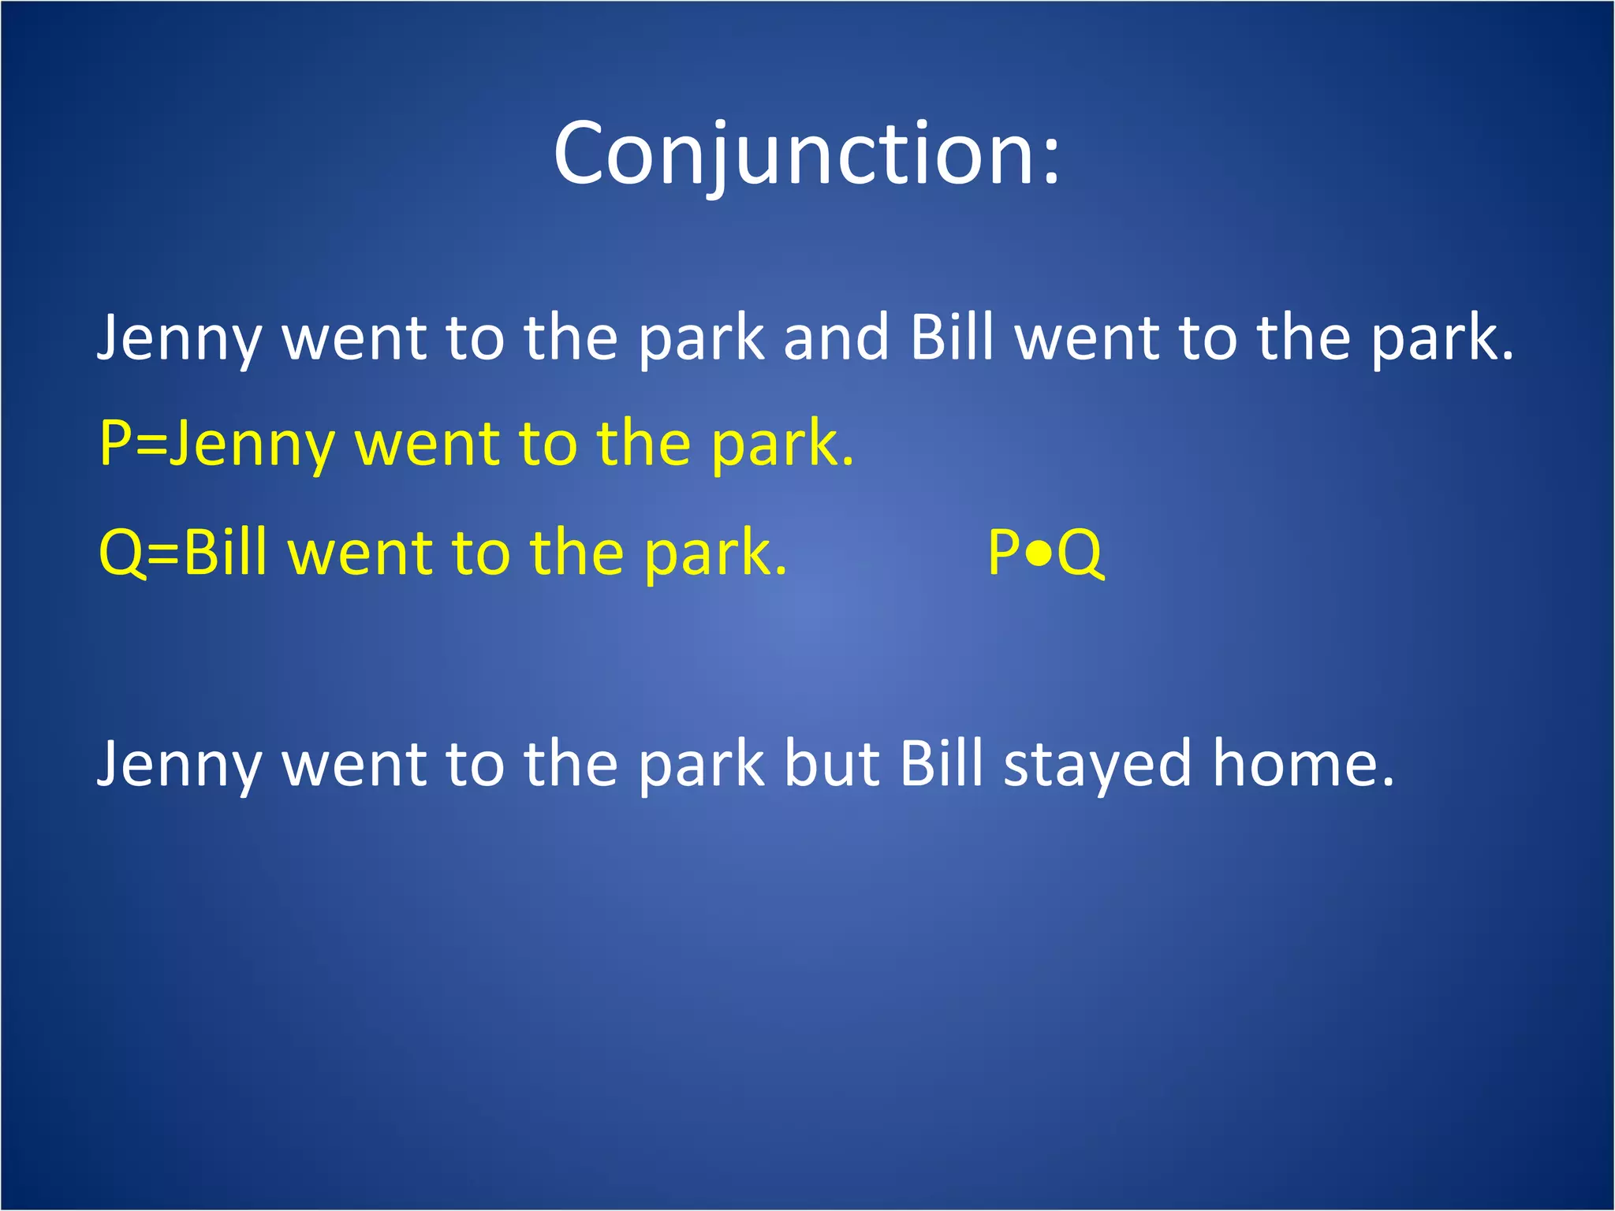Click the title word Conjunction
793,154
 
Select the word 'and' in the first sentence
837,337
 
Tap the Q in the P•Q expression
1080,553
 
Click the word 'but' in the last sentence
831,764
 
